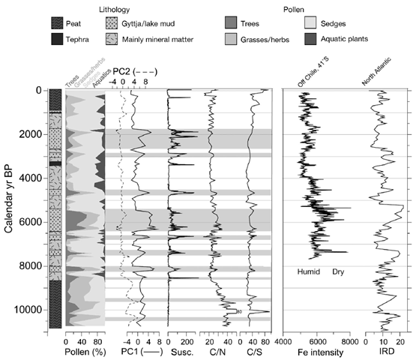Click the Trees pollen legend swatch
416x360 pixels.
click(235, 22)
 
